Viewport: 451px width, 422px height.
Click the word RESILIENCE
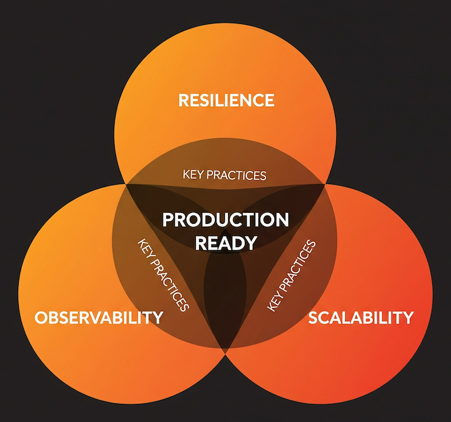coord(225,100)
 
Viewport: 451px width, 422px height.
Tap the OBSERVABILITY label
coord(99,317)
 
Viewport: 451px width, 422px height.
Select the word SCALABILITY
coord(360,317)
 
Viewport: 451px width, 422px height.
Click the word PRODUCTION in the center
coord(225,220)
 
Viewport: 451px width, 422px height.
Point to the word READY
coord(225,243)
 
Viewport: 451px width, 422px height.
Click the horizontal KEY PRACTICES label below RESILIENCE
coord(224,175)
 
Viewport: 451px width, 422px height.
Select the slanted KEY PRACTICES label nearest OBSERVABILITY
coord(163,275)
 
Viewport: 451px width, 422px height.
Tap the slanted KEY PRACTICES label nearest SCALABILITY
coord(292,275)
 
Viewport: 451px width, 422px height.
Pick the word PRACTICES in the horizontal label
coord(235,175)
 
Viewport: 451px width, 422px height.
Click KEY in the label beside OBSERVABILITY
coord(145,250)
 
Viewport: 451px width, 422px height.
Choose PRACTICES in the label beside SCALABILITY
coord(298,266)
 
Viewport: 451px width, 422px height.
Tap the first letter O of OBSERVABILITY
coord(41,317)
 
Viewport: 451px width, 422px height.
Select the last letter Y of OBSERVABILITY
coord(157,317)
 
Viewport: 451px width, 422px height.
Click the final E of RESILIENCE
coord(269,100)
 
